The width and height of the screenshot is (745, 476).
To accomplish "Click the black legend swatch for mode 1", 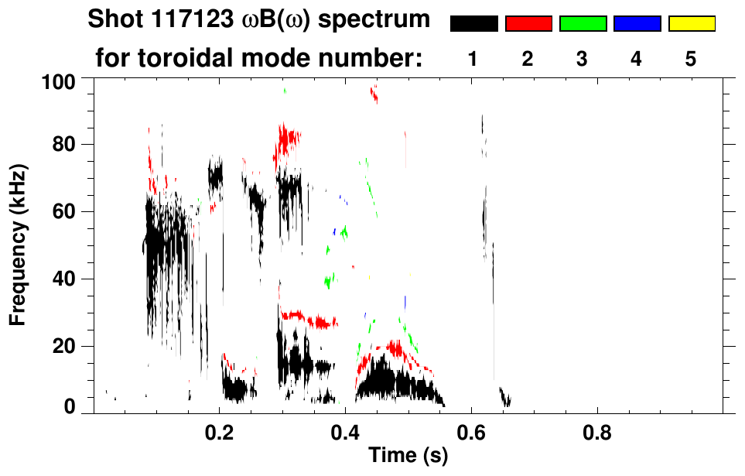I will (x=474, y=24).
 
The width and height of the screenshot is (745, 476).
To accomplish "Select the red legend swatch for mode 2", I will (x=528, y=24).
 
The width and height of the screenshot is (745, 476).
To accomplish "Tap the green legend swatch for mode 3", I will (x=583, y=24).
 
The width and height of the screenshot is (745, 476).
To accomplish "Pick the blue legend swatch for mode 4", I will (x=637, y=24).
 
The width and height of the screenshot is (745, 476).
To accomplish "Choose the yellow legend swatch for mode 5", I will (x=691, y=24).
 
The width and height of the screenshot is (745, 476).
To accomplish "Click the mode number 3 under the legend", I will (x=583, y=59).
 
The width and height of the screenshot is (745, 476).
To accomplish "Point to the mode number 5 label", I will (x=691, y=59).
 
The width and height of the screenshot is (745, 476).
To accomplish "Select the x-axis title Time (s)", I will (x=408, y=457).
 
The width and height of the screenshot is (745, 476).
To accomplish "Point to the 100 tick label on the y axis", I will (x=57, y=81).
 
